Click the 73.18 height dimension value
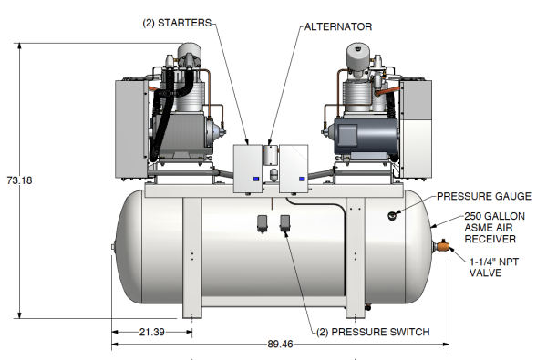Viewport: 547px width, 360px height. click(19, 180)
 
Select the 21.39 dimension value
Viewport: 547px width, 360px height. click(151, 332)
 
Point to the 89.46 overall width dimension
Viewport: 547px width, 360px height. click(280, 344)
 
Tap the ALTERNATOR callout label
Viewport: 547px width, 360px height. click(338, 26)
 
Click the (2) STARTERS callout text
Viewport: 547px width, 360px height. click(177, 23)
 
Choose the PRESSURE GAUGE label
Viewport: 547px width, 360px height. click(484, 196)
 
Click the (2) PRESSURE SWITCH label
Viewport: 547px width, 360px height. click(373, 332)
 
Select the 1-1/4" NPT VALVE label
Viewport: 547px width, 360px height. click(493, 267)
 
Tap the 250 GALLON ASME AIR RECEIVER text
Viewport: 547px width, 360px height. click(494, 228)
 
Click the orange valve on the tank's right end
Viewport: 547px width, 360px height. click(443, 246)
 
